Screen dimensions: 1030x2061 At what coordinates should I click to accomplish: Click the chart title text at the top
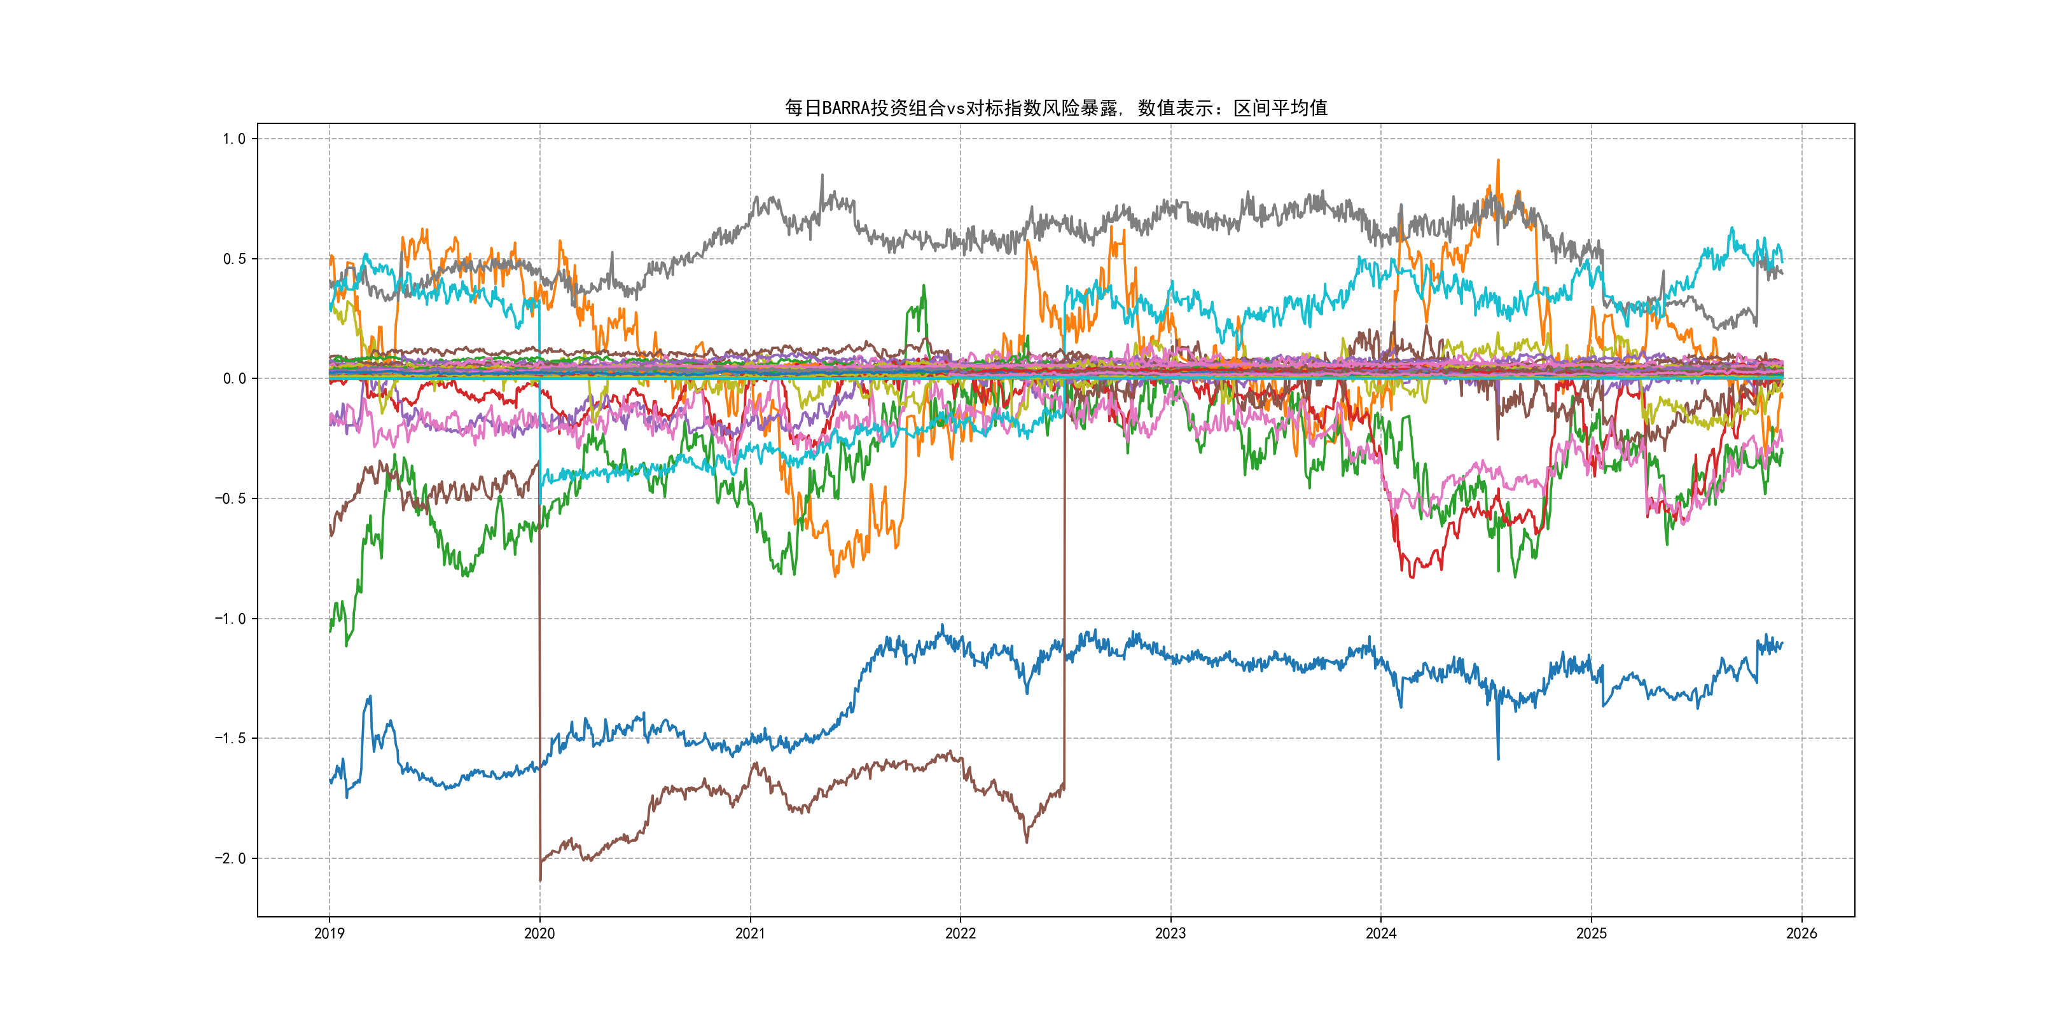pyautogui.click(x=1055, y=108)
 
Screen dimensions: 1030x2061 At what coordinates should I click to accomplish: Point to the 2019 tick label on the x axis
pyautogui.click(x=329, y=933)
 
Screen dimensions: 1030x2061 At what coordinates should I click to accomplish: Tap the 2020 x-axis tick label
pyautogui.click(x=539, y=933)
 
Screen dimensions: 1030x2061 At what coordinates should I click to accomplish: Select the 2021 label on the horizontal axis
pyautogui.click(x=750, y=933)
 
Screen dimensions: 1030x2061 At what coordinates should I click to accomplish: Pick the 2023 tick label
pyautogui.click(x=1170, y=933)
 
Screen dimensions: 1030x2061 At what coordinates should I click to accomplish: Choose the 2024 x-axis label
pyautogui.click(x=1381, y=933)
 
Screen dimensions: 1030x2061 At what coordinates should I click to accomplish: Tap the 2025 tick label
pyautogui.click(x=1592, y=933)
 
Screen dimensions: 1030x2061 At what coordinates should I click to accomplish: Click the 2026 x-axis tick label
pyautogui.click(x=1801, y=933)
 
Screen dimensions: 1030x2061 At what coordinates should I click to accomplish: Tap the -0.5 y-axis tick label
pyautogui.click(x=230, y=499)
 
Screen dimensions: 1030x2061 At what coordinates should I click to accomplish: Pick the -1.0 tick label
pyautogui.click(x=230, y=619)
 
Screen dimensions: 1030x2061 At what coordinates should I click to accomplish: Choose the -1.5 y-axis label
pyautogui.click(x=230, y=739)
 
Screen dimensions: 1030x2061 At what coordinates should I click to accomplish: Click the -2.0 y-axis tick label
pyautogui.click(x=230, y=859)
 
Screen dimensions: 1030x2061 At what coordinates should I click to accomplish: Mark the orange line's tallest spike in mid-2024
pyautogui.click(x=1498, y=161)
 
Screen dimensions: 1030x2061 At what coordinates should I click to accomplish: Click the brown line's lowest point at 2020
pyautogui.click(x=540, y=880)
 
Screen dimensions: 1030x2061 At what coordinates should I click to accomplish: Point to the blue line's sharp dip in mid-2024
pyautogui.click(x=1498, y=757)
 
